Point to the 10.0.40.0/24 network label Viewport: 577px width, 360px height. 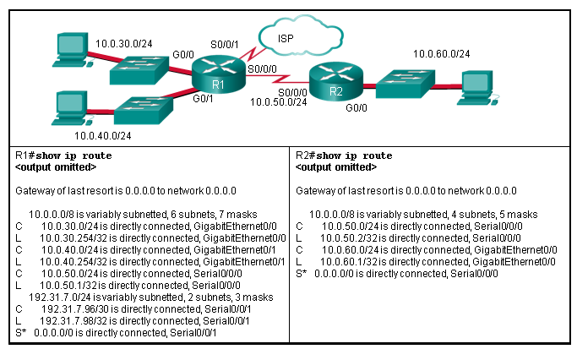tap(102, 134)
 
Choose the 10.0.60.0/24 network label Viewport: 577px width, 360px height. tap(441, 54)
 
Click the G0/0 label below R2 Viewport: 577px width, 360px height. tap(357, 108)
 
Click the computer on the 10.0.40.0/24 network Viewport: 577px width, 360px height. tap(66, 107)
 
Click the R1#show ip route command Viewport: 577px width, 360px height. tap(63, 156)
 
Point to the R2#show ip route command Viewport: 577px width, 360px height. tap(344, 156)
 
